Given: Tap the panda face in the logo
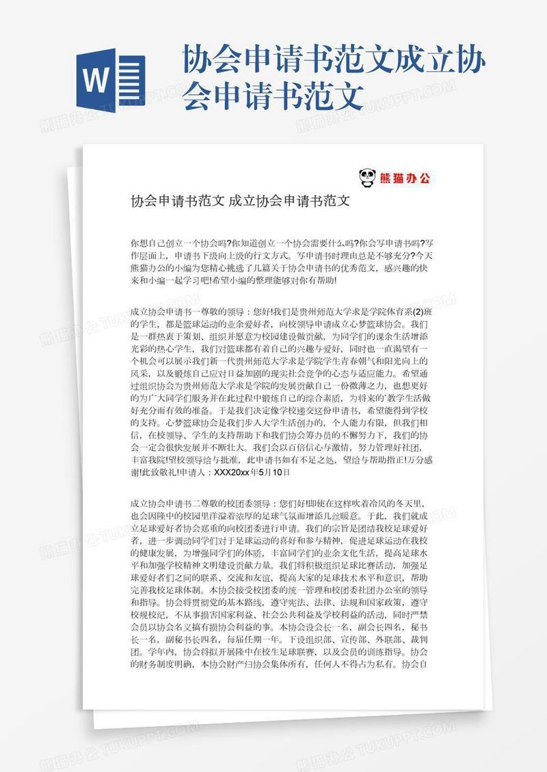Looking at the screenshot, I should (x=367, y=178).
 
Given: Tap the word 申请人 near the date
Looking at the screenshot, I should (x=195, y=471).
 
